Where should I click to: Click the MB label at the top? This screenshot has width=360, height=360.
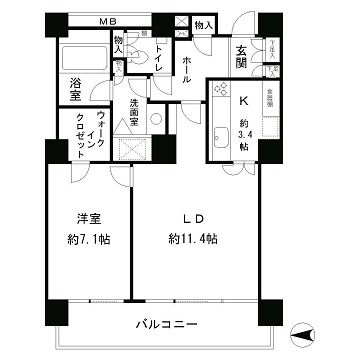click(106, 21)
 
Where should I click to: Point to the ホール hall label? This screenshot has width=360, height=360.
click(187, 70)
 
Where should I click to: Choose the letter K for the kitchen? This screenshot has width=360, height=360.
click(243, 101)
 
